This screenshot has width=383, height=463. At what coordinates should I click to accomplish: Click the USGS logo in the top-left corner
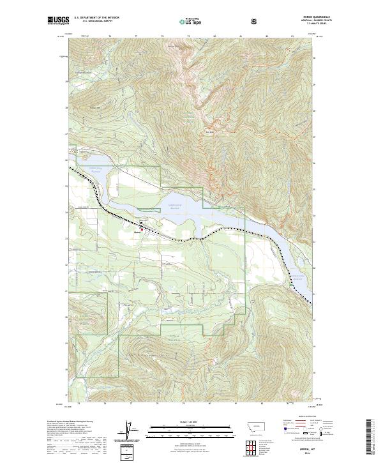click(x=58, y=20)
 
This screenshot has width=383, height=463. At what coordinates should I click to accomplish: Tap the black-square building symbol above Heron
click(x=141, y=223)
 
